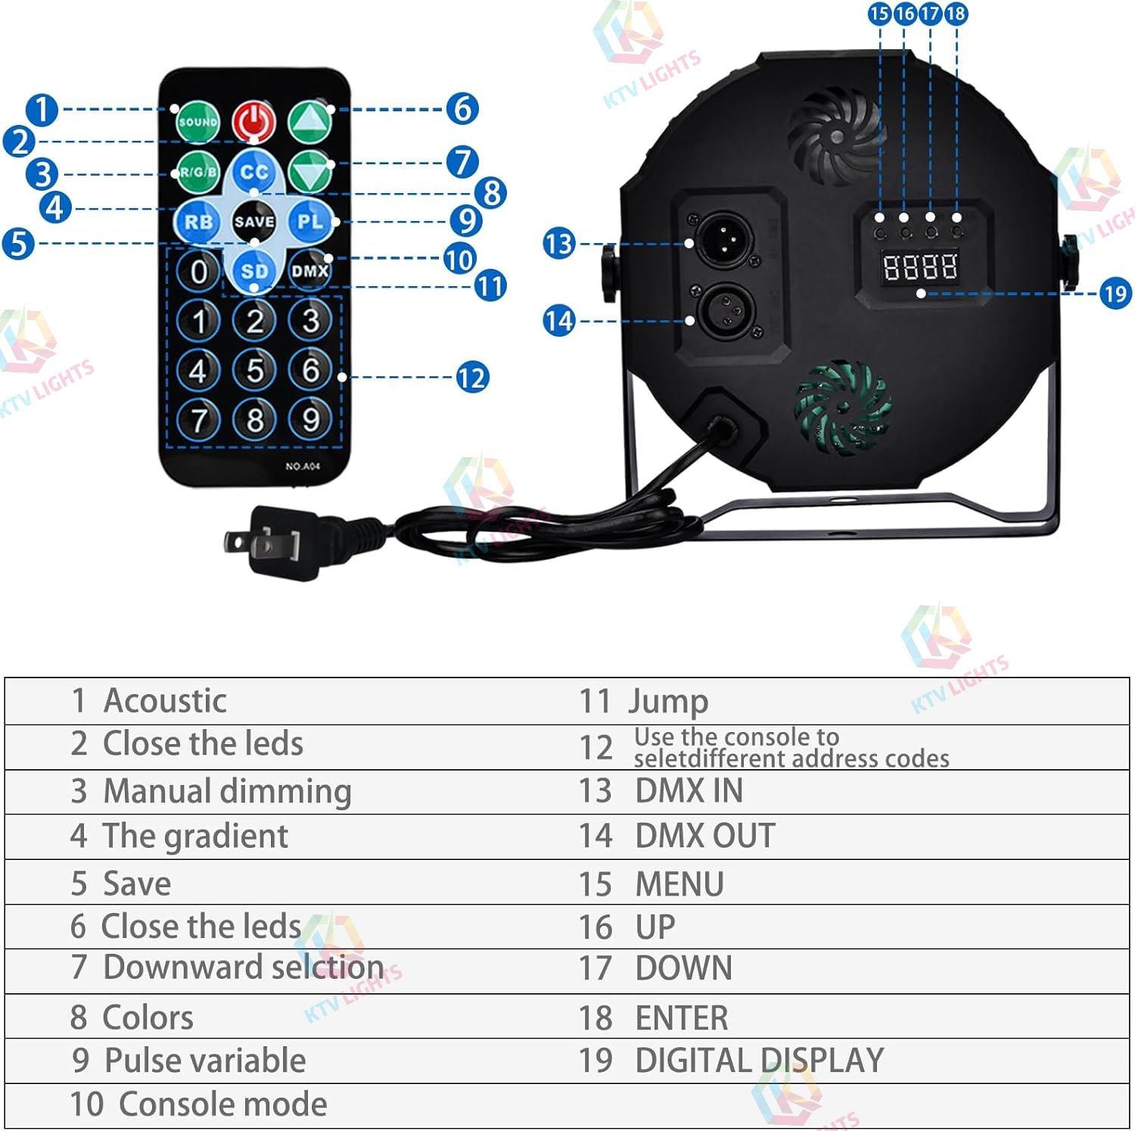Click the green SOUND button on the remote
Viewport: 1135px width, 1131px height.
click(x=197, y=122)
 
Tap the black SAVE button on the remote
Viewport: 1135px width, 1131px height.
click(x=253, y=222)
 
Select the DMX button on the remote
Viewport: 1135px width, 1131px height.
click(x=310, y=270)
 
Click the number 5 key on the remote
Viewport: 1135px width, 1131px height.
click(x=255, y=370)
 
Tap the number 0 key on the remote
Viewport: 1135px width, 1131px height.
click(x=198, y=271)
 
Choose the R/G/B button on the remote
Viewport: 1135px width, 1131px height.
click(x=197, y=173)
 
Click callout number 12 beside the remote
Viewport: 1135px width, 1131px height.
click(x=471, y=377)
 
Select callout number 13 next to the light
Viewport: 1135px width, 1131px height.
click(x=559, y=244)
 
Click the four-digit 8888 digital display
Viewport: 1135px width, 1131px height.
click(x=920, y=266)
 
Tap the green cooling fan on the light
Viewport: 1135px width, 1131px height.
click(x=841, y=408)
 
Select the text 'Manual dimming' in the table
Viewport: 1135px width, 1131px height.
click(x=227, y=792)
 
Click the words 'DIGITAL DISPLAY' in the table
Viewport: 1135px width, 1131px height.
click(x=759, y=1061)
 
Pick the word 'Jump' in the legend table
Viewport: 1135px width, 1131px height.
click(x=668, y=702)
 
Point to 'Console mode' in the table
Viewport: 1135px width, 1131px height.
click(x=223, y=1105)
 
